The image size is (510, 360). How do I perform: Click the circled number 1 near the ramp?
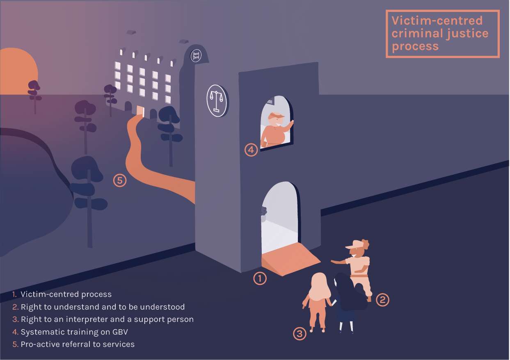pos(260,278)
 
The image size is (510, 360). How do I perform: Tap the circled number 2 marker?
pos(382,300)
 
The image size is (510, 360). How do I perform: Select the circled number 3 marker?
pos(300,334)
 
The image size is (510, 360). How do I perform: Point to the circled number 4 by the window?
pos(251,150)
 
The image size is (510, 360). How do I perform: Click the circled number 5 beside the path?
pos(120,180)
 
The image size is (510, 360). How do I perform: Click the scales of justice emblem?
pos(217,101)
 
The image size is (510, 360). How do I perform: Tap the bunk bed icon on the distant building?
pos(196,55)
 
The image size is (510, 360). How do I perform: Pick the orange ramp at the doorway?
pos(290,259)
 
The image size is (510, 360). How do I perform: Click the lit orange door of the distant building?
pos(140,111)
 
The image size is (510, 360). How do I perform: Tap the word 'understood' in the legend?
pos(162,307)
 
